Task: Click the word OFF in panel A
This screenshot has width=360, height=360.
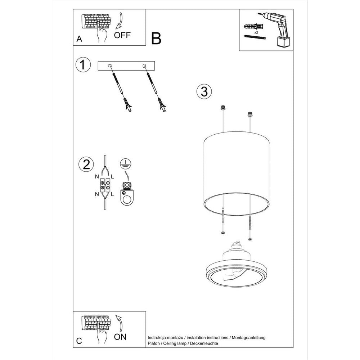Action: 122,35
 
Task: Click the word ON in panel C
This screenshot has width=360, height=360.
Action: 120,337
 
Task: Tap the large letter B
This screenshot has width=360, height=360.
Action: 156,38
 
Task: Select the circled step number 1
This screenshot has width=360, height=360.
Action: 83,65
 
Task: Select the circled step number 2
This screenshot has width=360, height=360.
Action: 86,164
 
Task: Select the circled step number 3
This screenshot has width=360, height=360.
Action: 204,91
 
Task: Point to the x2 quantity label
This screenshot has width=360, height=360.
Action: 257,32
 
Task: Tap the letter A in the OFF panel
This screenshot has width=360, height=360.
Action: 79,40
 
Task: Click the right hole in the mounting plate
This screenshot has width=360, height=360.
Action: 144,66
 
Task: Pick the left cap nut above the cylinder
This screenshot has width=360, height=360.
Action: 223,107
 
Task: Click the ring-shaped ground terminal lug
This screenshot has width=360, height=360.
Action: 126,196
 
